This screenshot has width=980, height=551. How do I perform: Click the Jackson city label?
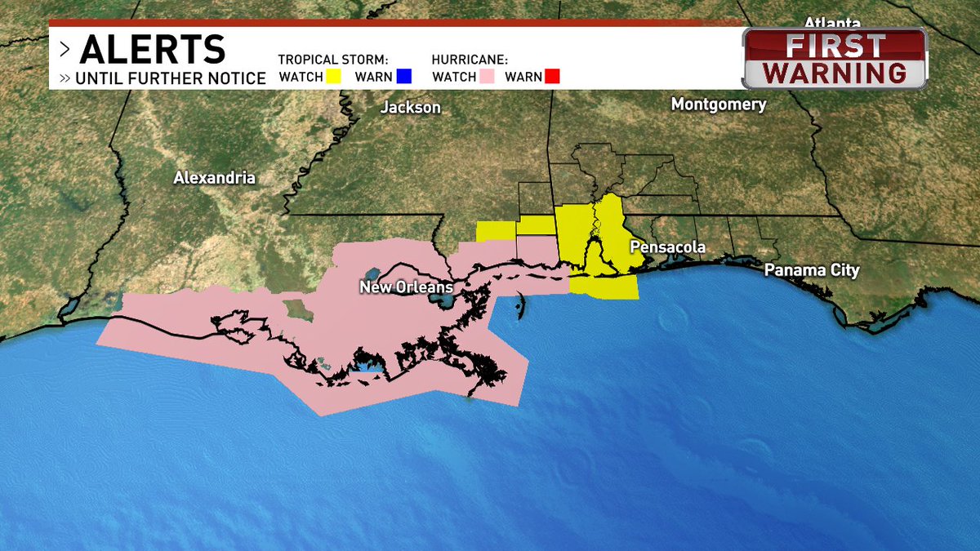tap(411, 108)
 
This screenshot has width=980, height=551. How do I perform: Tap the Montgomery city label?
tap(719, 104)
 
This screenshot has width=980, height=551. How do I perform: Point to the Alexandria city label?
tap(214, 177)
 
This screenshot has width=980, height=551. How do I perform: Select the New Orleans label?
tap(407, 287)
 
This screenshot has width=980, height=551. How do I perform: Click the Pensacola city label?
tap(667, 247)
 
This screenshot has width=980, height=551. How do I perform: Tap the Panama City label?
tap(812, 271)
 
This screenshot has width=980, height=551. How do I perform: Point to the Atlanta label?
tap(832, 22)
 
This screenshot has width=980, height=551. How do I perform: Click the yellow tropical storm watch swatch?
tap(335, 78)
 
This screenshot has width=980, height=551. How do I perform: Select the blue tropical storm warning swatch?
tap(403, 78)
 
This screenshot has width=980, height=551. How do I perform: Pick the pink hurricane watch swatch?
tap(488, 78)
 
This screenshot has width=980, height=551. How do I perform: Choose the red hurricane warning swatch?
tap(552, 78)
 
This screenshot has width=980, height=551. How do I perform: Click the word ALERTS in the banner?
tap(153, 51)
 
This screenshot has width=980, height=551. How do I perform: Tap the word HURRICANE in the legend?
tap(470, 60)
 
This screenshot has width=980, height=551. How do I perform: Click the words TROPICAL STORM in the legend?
tap(332, 60)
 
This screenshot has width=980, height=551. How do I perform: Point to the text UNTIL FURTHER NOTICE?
tap(171, 79)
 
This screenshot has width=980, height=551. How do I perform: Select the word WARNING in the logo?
tap(834, 73)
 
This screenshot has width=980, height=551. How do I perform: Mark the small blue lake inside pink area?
tap(367, 371)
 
